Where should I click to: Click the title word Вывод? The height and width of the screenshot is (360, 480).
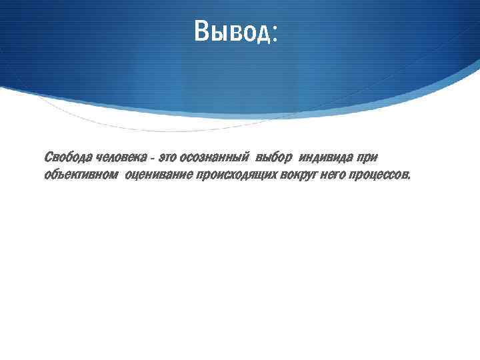[x=231, y=31]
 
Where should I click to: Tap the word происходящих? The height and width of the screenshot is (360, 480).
[x=239, y=175]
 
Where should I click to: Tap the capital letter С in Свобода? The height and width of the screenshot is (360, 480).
[x=48, y=157]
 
